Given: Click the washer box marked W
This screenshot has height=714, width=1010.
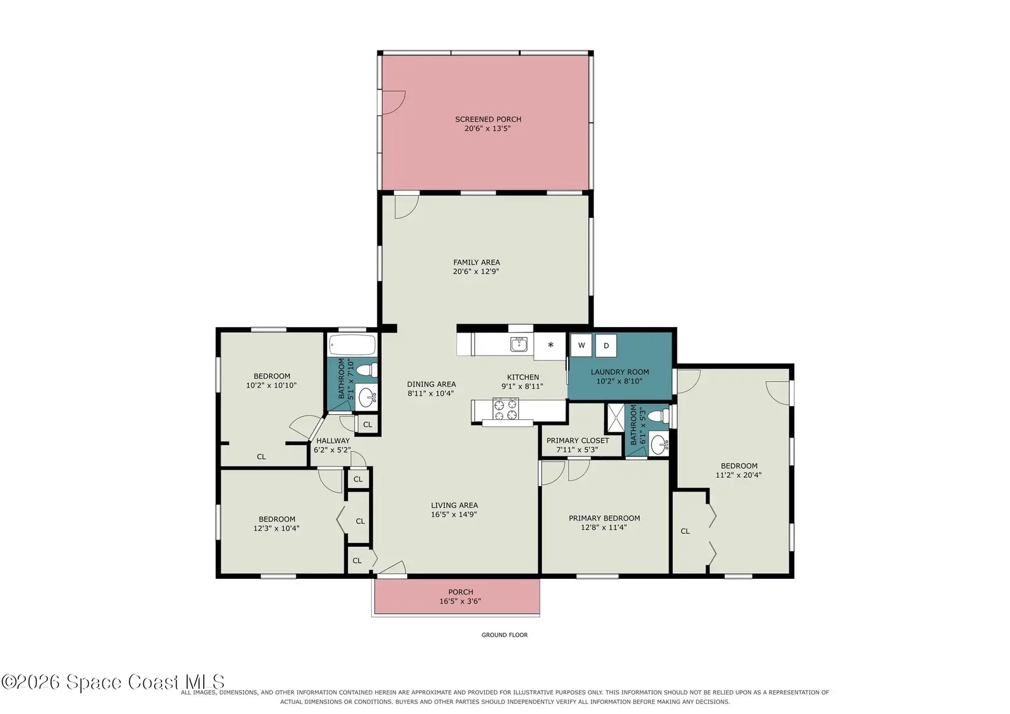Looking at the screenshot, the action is point(581,345).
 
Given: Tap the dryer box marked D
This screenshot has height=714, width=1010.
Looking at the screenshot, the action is point(606,345).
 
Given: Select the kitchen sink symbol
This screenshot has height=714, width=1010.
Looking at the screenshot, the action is point(519,345).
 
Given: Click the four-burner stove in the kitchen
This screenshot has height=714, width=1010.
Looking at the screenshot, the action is point(506,409).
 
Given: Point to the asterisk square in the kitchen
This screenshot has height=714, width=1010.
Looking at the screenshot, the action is point(550,346).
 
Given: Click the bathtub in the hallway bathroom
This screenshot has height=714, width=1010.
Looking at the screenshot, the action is point(352,345).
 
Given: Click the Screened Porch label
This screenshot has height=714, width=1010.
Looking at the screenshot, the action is point(488,119).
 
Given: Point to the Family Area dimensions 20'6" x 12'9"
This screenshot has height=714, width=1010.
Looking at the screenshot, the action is point(476,271).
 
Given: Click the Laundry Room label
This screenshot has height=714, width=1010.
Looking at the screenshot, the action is point(620,372).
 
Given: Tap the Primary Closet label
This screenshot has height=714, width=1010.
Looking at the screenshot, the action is point(578,441).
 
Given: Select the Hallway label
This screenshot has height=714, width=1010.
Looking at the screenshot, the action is point(333,441).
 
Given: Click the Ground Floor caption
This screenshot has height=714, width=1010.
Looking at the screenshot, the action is point(504,635).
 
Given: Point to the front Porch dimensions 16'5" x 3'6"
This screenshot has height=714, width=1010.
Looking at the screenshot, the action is point(460,601).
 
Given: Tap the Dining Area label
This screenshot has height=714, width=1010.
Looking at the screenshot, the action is point(432,384).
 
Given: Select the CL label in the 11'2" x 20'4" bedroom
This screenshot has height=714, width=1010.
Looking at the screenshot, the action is point(685,532).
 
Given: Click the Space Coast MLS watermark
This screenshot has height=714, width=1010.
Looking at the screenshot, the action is point(113,682).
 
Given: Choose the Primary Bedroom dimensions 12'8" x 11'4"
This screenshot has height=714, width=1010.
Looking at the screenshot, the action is point(603,527).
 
